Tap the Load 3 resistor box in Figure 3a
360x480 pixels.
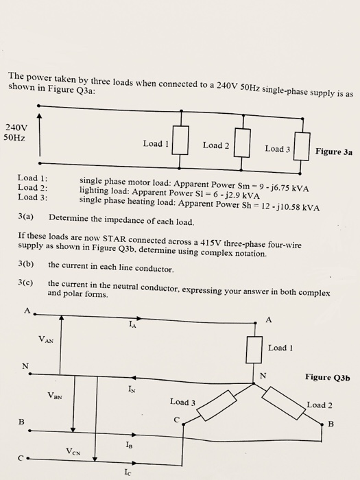click(x=301, y=147)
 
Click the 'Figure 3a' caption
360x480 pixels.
click(x=334, y=152)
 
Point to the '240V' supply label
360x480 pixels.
click(x=16, y=127)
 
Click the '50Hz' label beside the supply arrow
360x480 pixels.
click(x=14, y=138)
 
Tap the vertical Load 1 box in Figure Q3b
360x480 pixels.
click(x=254, y=348)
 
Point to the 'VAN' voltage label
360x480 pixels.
click(x=47, y=339)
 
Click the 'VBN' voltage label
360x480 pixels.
click(x=56, y=394)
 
